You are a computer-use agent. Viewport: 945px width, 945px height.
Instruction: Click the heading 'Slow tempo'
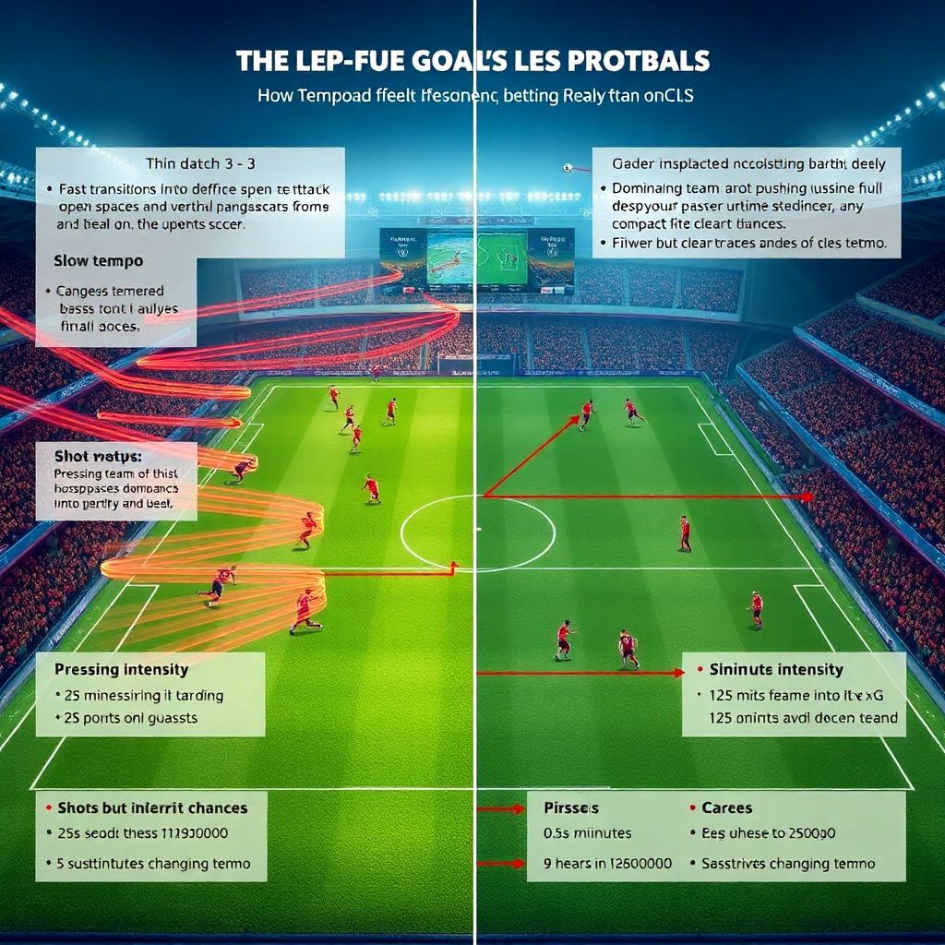99,261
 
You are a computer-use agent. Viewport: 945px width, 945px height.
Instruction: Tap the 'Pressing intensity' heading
121,669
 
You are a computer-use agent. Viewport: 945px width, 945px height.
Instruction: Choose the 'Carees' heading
727,807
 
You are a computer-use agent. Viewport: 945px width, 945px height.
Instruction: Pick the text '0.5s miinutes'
588,833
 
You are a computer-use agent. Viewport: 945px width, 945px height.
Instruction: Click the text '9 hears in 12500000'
608,865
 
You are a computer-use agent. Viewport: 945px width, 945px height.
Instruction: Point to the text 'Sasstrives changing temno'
788,865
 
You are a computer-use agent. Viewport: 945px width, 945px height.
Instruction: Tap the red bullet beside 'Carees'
693,807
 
